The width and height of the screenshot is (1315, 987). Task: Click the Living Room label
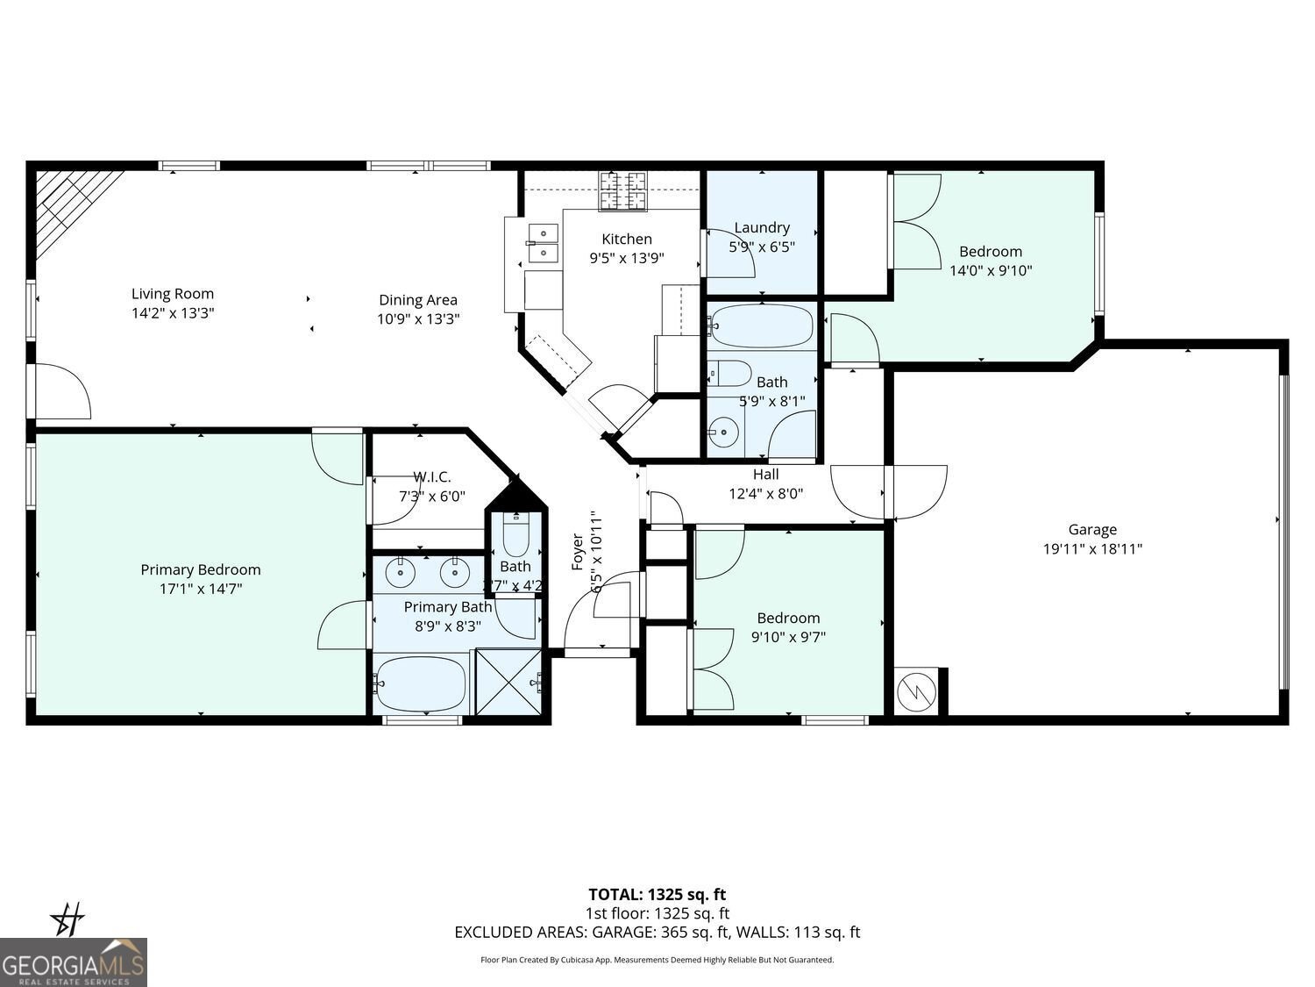pos(173,294)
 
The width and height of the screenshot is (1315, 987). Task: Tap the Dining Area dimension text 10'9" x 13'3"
pos(418,319)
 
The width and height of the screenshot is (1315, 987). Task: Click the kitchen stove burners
pos(622,191)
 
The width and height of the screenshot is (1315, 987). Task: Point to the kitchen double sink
pos(544,243)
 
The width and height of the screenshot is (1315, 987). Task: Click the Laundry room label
pos(762,227)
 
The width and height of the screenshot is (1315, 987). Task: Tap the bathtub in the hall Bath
pos(762,326)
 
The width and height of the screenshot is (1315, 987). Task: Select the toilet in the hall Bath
pos(731,373)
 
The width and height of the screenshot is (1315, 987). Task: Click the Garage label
pos(1092,529)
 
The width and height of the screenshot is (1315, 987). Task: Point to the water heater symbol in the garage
pos(916,692)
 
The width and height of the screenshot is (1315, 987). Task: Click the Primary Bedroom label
pos(201,569)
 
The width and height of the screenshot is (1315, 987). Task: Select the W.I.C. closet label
pos(431,476)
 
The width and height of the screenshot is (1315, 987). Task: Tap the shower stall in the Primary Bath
pos(508,681)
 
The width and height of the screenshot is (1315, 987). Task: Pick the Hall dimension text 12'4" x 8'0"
pos(765,494)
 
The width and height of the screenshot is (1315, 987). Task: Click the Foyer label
pos(578,551)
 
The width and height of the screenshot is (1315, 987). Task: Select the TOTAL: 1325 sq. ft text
pos(657,894)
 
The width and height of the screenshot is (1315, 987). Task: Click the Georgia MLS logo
pos(74,962)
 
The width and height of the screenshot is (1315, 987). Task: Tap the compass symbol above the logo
pos(68,919)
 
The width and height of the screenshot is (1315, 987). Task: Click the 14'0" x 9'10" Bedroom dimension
pos(991,271)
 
